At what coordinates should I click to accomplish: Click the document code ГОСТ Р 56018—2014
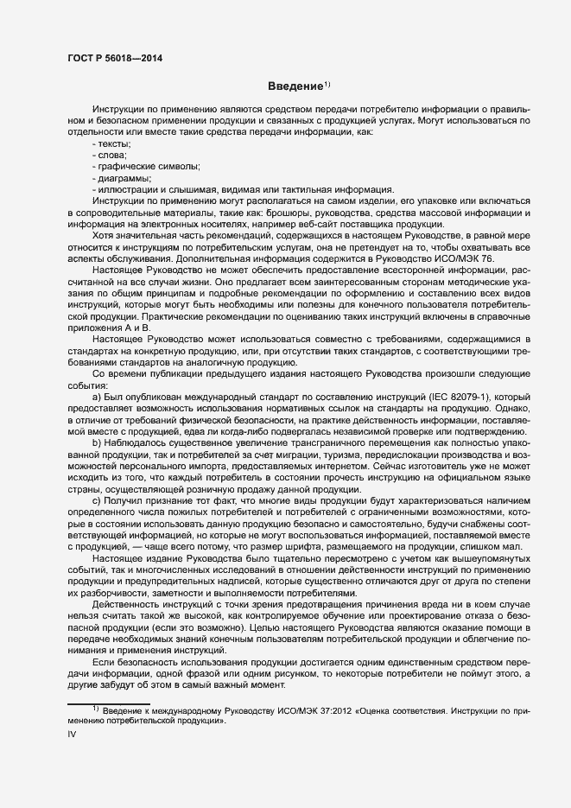click(114, 58)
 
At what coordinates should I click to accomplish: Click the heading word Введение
click(294, 86)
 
